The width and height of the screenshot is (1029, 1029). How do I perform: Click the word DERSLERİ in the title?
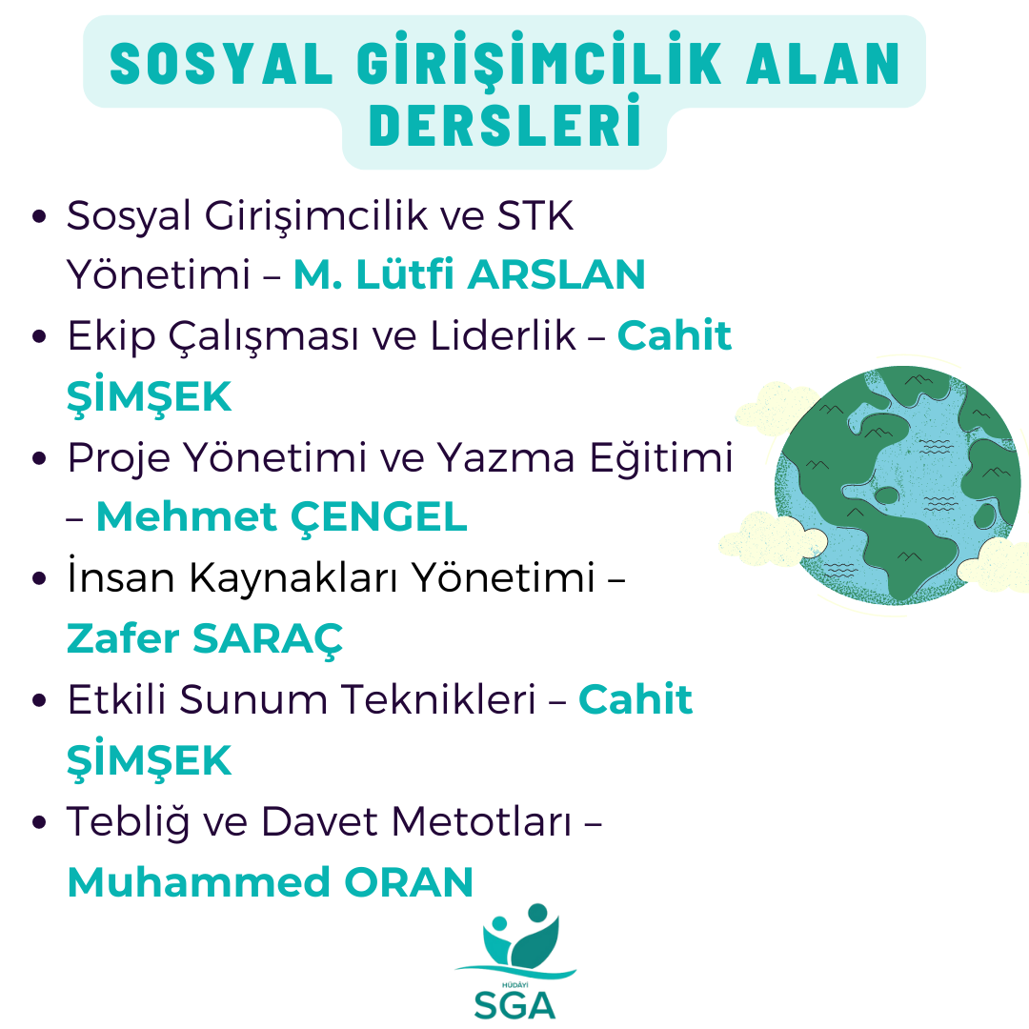pos(505,122)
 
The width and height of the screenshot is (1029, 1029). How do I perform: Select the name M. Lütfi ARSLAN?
pos(469,274)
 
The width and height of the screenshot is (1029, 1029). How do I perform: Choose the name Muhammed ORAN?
pos(271,882)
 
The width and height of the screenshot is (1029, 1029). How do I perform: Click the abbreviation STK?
pos(535,215)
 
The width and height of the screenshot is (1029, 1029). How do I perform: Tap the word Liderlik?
pos(503,336)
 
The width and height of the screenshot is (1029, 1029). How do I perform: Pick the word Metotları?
pos(482,821)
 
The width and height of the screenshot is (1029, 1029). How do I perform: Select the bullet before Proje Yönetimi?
pos(39,458)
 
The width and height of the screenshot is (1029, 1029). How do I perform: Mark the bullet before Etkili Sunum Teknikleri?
pos(39,700)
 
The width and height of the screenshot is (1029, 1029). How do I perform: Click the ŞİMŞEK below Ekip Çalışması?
pos(149,395)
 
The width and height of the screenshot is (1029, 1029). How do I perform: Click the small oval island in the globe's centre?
pos(887,495)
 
